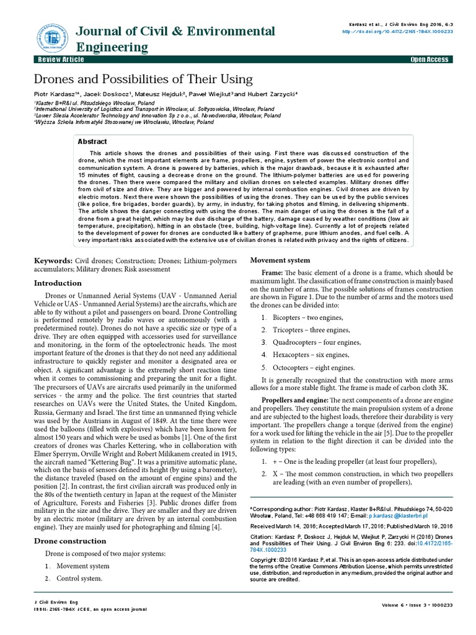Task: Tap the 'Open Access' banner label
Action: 430,60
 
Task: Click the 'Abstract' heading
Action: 92,141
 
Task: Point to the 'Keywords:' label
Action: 53,260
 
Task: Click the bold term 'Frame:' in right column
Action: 272,273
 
